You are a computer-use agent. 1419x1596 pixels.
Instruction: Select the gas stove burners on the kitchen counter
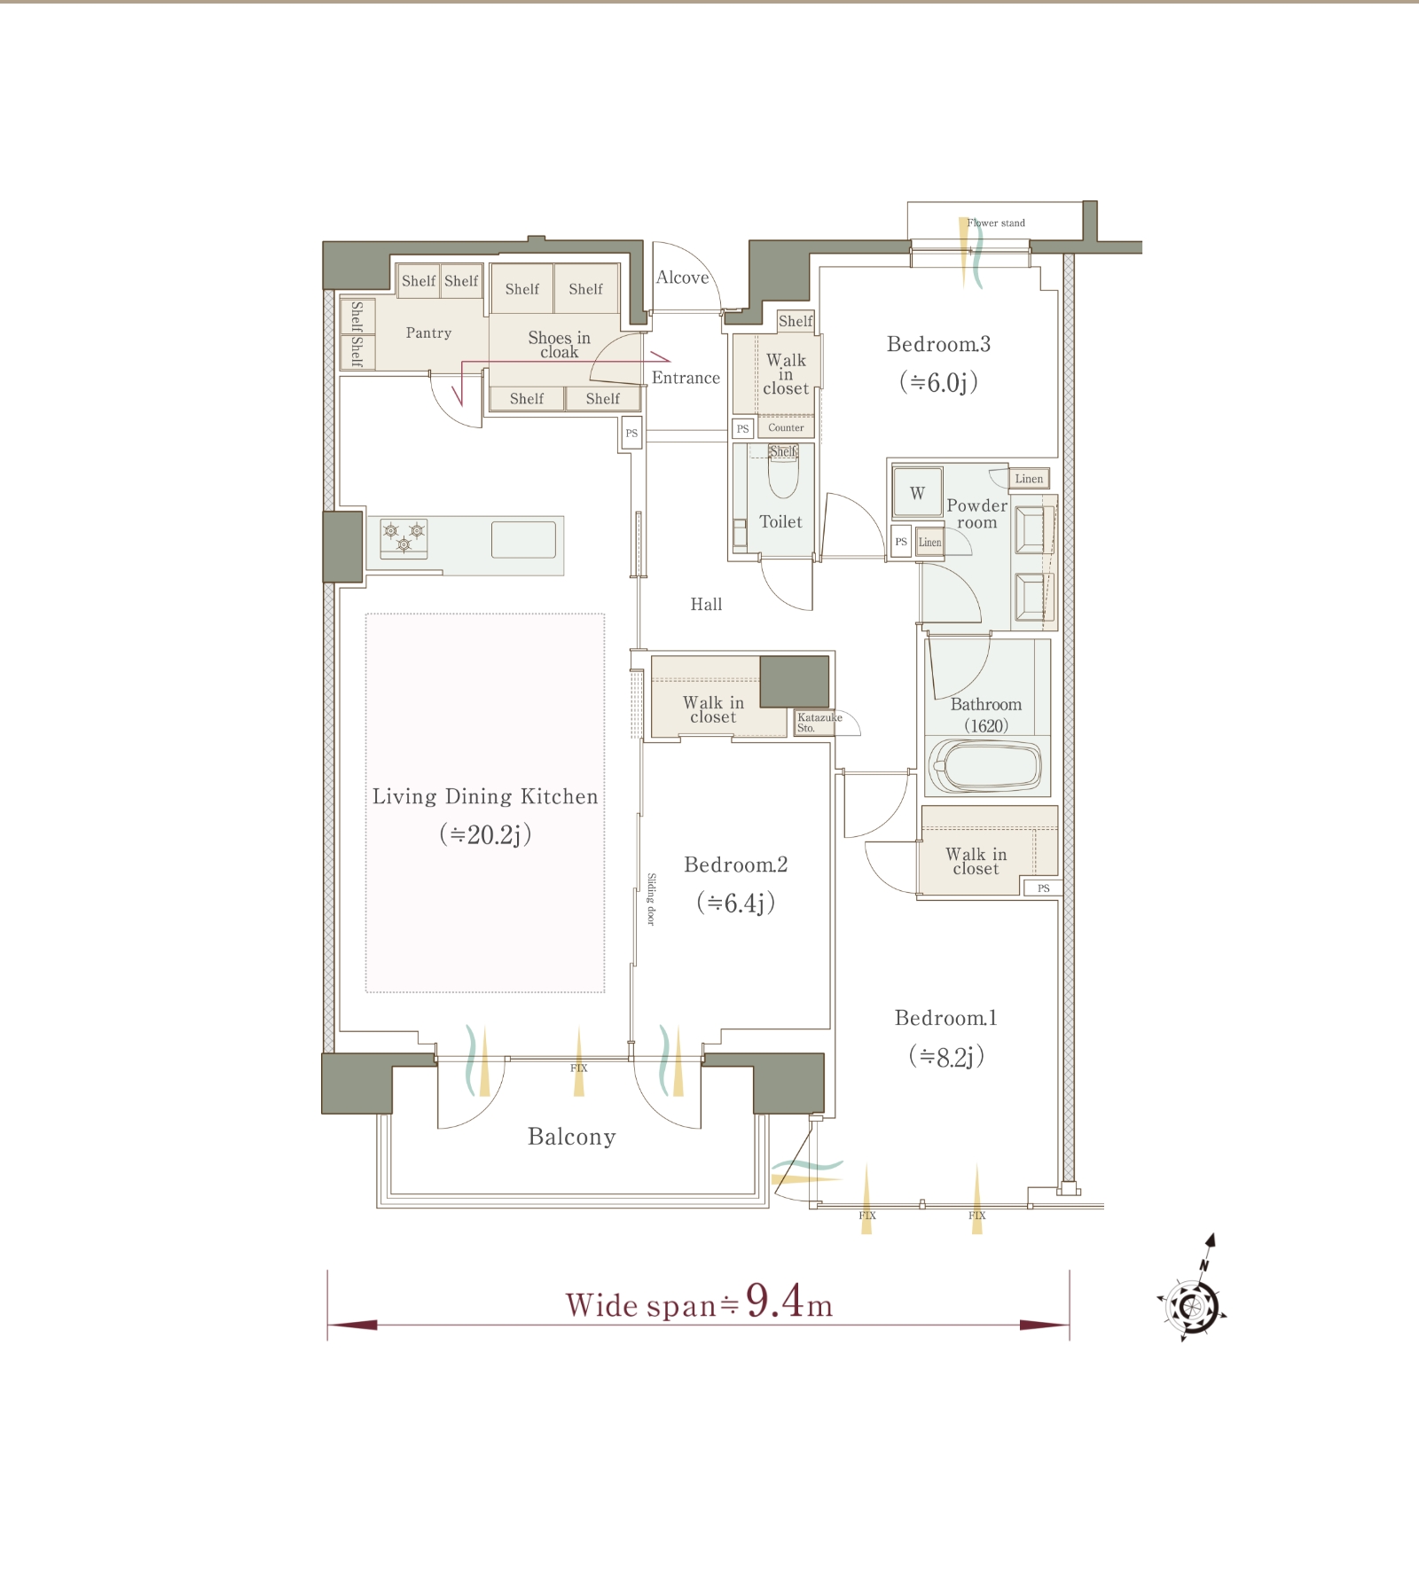tap(404, 538)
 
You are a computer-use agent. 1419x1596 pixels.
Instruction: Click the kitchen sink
tap(523, 539)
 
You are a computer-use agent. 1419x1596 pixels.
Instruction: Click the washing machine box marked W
tap(917, 492)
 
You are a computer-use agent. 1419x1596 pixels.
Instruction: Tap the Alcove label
tap(682, 278)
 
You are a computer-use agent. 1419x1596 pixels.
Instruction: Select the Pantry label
tap(428, 332)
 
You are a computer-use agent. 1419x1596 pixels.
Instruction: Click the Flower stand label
tap(996, 223)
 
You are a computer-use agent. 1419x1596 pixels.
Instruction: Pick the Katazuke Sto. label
tap(819, 723)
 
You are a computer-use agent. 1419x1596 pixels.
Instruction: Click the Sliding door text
tap(651, 899)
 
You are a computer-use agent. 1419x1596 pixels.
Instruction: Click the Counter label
tap(786, 427)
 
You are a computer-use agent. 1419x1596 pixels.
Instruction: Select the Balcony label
tap(571, 1137)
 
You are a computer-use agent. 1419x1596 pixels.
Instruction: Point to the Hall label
tap(706, 604)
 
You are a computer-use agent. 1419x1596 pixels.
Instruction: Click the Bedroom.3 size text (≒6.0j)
tap(938, 382)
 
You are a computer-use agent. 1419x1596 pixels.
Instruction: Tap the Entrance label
tap(686, 378)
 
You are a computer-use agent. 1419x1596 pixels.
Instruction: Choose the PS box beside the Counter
tap(743, 428)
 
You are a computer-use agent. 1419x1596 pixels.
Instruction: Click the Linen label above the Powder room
tap(1029, 479)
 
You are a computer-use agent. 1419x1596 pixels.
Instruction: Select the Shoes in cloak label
tap(559, 344)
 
